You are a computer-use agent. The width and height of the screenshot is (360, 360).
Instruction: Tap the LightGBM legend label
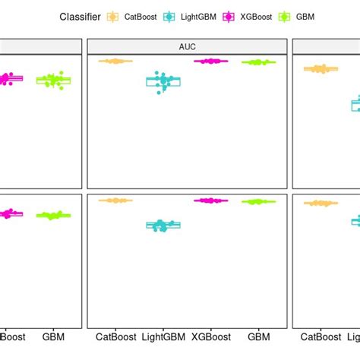coord(197,15)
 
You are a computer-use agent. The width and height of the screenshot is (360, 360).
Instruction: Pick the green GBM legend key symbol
coord(287,15)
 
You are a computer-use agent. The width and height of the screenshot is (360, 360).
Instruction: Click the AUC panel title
coord(187,46)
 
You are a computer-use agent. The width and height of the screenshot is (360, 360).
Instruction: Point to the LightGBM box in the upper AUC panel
coord(163,81)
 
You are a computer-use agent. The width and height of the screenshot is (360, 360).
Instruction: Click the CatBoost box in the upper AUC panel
coord(115,61)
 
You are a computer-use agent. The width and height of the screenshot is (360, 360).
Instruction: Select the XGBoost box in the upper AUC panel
coord(211,61)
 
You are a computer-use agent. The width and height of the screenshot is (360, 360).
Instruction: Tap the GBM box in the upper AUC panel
coord(258,62)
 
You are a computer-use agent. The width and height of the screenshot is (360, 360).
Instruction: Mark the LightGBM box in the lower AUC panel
coord(163,225)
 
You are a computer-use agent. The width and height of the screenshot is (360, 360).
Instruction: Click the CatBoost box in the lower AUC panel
coord(115,201)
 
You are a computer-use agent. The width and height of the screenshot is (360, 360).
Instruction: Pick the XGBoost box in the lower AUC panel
coord(211,201)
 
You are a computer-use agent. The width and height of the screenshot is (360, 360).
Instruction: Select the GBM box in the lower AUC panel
coord(258,201)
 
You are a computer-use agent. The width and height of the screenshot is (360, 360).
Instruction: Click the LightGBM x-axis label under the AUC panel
coord(163,336)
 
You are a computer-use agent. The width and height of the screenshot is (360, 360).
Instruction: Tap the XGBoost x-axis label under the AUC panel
coord(211,336)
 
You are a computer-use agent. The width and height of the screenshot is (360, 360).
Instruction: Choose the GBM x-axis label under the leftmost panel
coord(53,336)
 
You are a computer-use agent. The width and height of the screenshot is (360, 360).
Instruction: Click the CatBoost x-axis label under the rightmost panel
coord(321,336)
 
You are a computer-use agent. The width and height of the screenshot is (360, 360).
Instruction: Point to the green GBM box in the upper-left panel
coord(53,80)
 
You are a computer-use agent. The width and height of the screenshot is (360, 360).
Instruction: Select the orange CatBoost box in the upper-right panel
coord(321,69)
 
